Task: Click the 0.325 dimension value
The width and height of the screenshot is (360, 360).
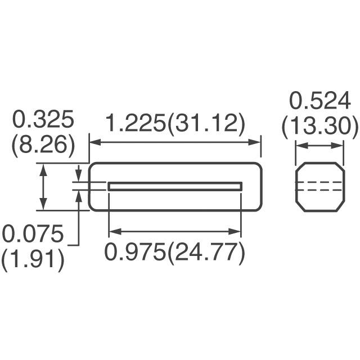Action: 43,121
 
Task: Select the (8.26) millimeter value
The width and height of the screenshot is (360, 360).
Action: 43,146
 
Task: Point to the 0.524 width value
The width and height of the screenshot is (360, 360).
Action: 319,102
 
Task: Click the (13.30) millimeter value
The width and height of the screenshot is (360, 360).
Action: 319,128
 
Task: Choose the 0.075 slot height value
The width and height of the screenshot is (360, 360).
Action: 32,233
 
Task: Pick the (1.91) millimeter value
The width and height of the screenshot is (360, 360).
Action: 32,260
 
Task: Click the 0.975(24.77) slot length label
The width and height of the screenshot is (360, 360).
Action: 175,253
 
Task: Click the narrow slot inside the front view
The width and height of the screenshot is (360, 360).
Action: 175,186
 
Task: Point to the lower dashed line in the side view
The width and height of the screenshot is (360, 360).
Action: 319,191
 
